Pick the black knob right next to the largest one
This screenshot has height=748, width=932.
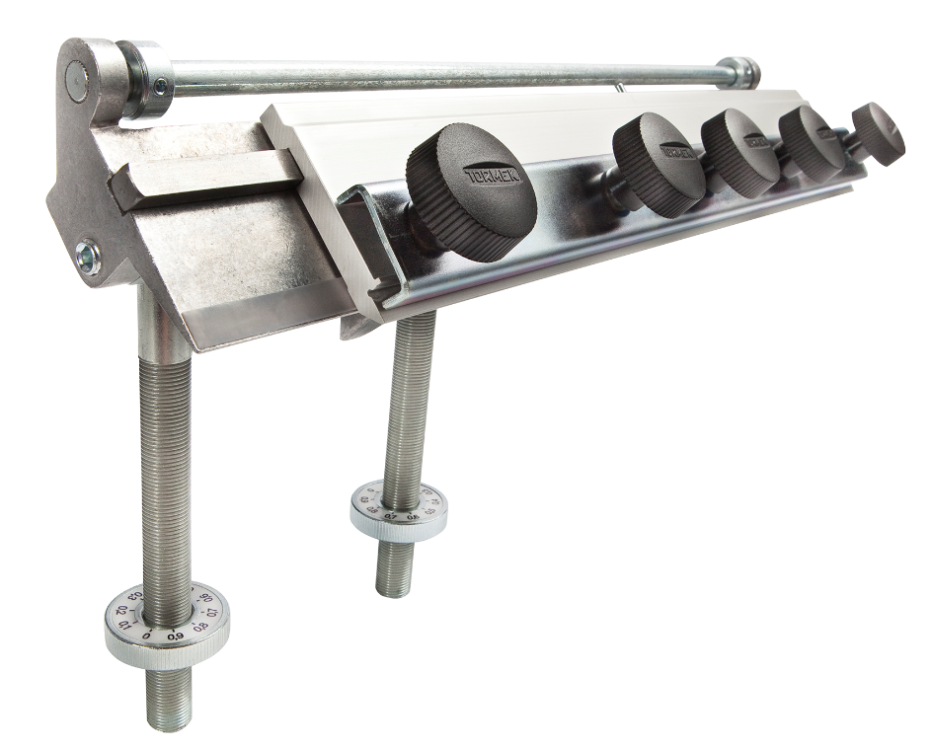click(658, 164)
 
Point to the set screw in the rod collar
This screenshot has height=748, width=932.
click(159, 88)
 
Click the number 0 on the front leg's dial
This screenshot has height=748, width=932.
click(147, 636)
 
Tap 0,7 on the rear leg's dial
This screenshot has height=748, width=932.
click(391, 516)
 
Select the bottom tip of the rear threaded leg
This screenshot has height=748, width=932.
click(393, 590)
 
